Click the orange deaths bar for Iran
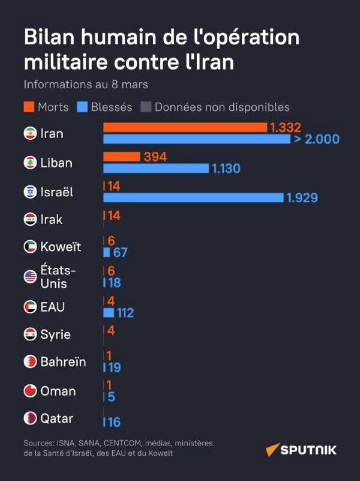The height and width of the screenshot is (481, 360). pyautogui.click(x=185, y=127)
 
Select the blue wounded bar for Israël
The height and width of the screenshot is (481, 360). pyautogui.click(x=193, y=198)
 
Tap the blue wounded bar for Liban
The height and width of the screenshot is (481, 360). pyautogui.click(x=156, y=168)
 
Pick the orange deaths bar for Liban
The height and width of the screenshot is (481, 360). pyautogui.click(x=122, y=157)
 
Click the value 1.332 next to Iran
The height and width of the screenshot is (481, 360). pyautogui.click(x=285, y=127)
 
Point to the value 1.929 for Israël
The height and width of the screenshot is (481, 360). pyautogui.click(x=302, y=198)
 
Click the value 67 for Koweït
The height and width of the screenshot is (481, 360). pyautogui.click(x=120, y=252)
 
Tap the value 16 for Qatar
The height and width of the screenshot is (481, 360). pyautogui.click(x=114, y=423)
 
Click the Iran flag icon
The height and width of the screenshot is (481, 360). pyautogui.click(x=30, y=133)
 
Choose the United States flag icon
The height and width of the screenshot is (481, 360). pyautogui.click(x=30, y=277)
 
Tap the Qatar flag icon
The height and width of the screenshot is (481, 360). pyautogui.click(x=30, y=418)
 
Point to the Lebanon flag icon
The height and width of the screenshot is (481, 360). pyautogui.click(x=30, y=163)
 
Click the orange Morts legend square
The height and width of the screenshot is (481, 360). pyautogui.click(x=29, y=107)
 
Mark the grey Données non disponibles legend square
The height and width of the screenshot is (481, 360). pyautogui.click(x=145, y=107)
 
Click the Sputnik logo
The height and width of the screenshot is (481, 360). pyautogui.click(x=301, y=450)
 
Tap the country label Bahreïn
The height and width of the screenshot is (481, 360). pyautogui.click(x=63, y=362)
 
